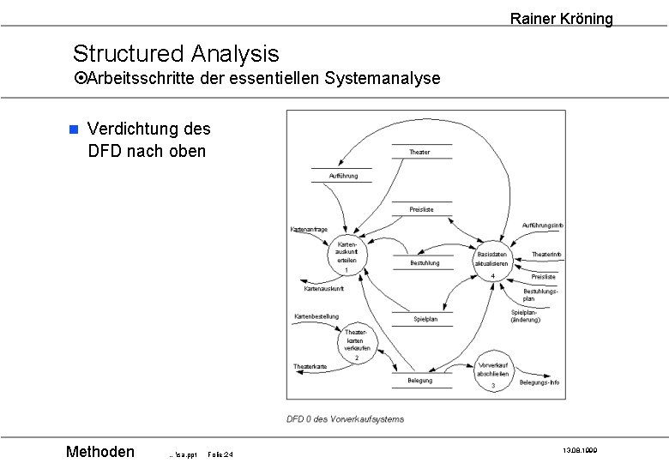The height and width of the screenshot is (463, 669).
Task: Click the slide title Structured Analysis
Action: pyautogui.click(x=176, y=53)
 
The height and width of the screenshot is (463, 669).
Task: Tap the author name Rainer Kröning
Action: pyautogui.click(x=561, y=18)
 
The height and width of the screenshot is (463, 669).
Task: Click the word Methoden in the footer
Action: pyautogui.click(x=100, y=452)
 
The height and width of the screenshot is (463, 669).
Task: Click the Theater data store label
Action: pyautogui.click(x=419, y=152)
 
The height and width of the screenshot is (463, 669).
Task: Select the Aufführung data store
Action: pyautogui.click(x=343, y=176)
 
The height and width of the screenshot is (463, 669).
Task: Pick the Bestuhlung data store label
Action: pyautogui.click(x=425, y=263)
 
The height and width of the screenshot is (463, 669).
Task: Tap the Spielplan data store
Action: pyautogui.click(x=425, y=319)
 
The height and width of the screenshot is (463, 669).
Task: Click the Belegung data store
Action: pyautogui.click(x=420, y=380)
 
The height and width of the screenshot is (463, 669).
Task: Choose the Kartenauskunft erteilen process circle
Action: pyautogui.click(x=346, y=255)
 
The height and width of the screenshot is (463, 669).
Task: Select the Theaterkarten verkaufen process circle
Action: pyautogui.click(x=357, y=342)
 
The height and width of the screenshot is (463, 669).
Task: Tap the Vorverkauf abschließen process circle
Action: pyautogui.click(x=493, y=375)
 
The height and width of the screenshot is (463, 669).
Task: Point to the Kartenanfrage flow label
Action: pyautogui.click(x=308, y=229)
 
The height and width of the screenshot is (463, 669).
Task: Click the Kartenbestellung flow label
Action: pyautogui.click(x=316, y=316)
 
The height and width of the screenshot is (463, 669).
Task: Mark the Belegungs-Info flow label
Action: pyautogui.click(x=539, y=382)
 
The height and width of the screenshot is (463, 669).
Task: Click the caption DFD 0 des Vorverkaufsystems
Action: pyautogui.click(x=345, y=419)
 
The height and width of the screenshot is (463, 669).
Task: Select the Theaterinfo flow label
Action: pyautogui.click(x=546, y=255)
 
